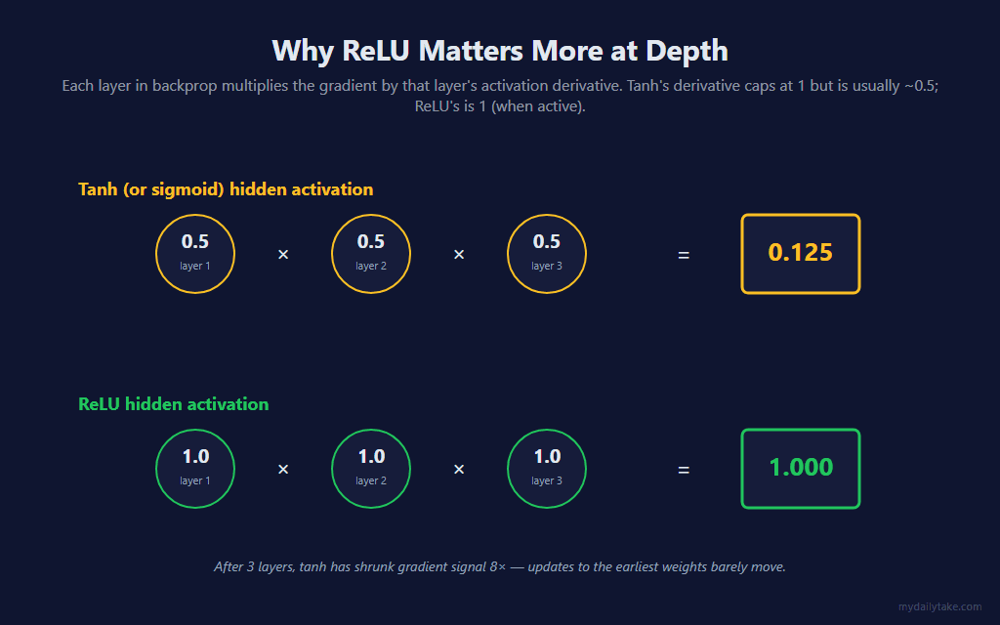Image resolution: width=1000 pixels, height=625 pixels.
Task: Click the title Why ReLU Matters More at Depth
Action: (x=500, y=51)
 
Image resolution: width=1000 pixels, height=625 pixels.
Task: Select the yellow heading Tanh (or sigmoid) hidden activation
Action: (x=226, y=189)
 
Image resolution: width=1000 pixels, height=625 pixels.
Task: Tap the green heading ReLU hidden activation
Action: (x=174, y=404)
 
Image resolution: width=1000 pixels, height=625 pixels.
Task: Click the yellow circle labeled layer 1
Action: (x=195, y=215)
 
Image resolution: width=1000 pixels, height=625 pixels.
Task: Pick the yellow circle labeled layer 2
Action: (x=371, y=215)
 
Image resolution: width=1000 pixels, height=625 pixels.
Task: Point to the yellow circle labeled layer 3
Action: (x=547, y=215)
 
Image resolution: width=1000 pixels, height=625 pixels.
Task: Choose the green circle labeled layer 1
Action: (x=195, y=430)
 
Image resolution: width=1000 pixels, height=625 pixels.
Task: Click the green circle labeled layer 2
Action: (x=371, y=430)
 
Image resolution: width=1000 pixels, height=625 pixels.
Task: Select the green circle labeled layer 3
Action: (x=547, y=430)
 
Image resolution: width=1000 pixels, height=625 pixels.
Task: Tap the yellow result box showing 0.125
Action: (x=801, y=216)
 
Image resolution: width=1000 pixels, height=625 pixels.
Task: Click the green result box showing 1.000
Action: (x=801, y=431)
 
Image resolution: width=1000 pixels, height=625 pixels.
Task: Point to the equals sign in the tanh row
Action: (x=684, y=255)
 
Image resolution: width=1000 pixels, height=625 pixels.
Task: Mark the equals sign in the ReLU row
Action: (x=684, y=470)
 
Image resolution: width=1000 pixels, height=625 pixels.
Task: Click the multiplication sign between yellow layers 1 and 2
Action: (x=283, y=255)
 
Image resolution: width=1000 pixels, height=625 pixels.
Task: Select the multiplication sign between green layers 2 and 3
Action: (x=459, y=470)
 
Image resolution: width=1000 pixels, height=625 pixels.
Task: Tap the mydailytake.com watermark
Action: (x=940, y=607)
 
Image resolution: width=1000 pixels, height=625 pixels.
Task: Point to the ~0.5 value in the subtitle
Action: (x=922, y=86)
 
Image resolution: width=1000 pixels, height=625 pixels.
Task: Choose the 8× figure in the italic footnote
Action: (x=497, y=567)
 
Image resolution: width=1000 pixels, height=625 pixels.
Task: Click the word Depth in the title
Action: (x=687, y=52)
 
